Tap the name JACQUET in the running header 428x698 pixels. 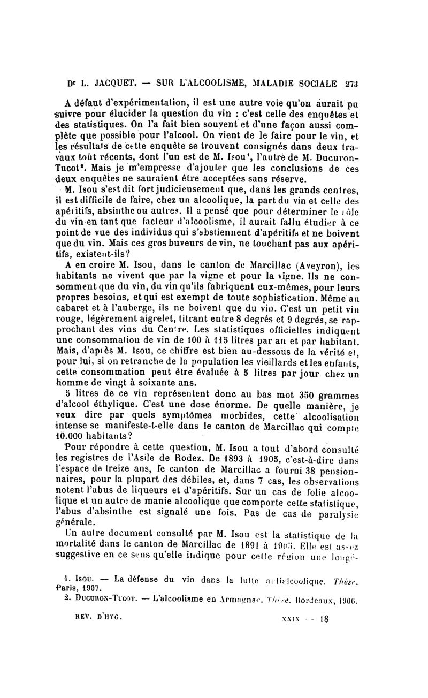(x=114, y=84)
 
